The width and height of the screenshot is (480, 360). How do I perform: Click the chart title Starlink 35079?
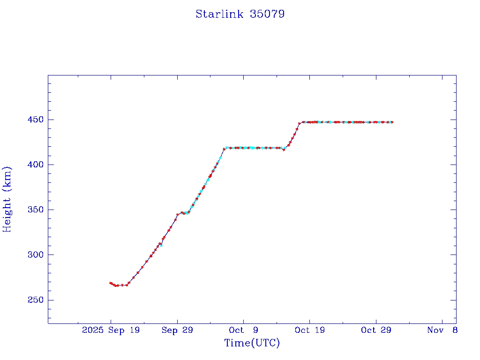[240, 14]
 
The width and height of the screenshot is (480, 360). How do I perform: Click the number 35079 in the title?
[267, 14]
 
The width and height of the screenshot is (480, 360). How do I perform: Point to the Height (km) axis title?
[7, 199]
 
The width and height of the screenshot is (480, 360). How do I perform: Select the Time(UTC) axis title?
[252, 343]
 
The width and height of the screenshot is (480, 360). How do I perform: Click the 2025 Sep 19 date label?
[111, 330]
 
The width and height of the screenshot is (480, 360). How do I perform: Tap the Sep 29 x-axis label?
[177, 330]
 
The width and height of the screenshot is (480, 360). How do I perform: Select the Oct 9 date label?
[243, 330]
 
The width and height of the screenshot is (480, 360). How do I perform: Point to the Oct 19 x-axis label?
[310, 330]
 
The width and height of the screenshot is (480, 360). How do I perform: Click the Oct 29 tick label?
[376, 330]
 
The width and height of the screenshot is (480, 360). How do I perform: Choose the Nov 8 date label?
[442, 330]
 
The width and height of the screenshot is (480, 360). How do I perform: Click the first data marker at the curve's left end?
[111, 283]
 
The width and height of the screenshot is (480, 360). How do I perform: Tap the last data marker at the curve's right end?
[392, 122]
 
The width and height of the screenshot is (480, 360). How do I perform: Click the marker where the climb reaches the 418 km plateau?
[224, 149]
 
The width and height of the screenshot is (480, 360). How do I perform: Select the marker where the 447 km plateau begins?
[303, 122]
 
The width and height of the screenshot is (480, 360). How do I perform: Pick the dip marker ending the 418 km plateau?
[284, 150]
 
